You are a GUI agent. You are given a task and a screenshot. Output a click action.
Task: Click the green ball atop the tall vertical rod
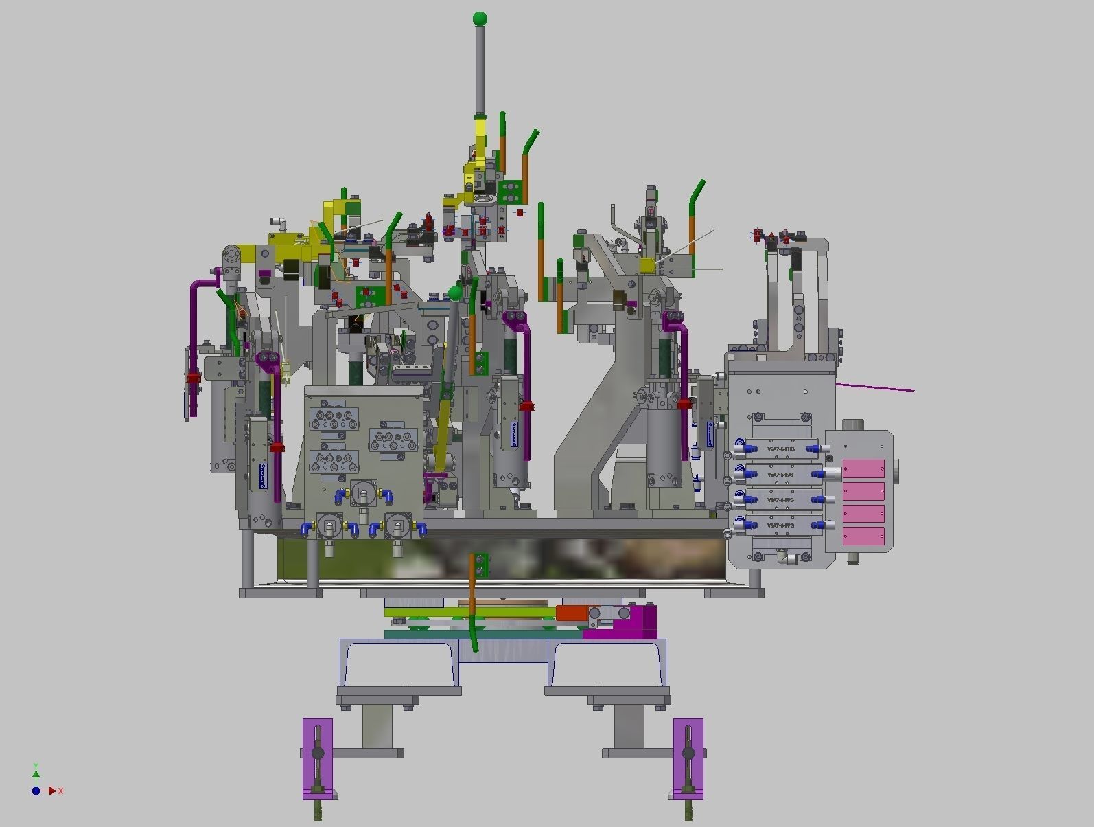point(480,18)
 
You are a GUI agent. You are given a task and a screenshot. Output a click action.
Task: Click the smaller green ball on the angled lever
point(455,293)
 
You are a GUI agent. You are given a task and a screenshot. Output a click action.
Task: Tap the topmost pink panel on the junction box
point(863,469)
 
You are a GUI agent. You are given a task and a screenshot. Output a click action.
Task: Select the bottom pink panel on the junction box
point(863,536)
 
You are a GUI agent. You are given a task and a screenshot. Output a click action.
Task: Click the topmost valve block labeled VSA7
point(780,449)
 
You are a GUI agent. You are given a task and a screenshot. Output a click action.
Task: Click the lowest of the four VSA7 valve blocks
point(780,525)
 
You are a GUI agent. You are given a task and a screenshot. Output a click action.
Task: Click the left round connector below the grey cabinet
point(330,526)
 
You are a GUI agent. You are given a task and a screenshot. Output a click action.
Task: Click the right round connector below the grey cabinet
point(397,526)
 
